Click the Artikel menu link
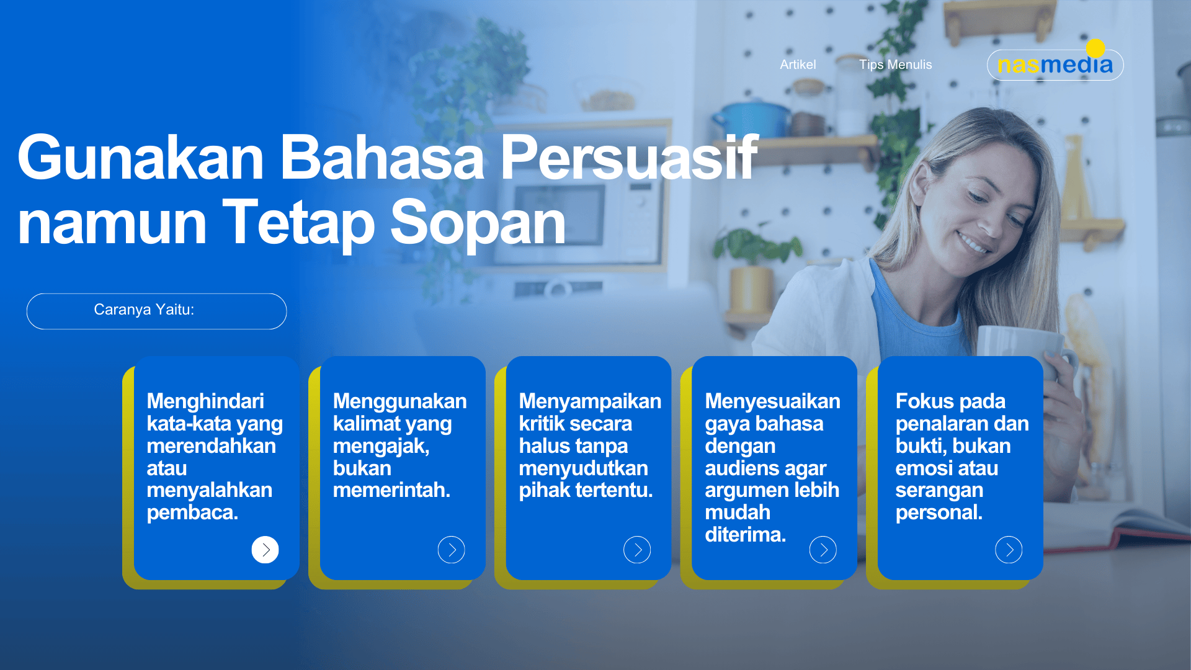pos(798,65)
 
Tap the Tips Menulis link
pos(895,65)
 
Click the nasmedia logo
pos(1055,65)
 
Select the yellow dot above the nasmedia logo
pos(1095,48)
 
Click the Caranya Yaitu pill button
pos(156,311)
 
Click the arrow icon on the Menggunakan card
pos(451,550)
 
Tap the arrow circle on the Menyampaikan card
pos(637,550)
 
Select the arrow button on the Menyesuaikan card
pos(823,550)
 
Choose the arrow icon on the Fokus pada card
pos(1009,550)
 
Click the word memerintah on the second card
pos(391,490)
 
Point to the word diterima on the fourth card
pos(746,535)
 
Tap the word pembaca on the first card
pos(192,513)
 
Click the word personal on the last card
pos(939,513)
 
